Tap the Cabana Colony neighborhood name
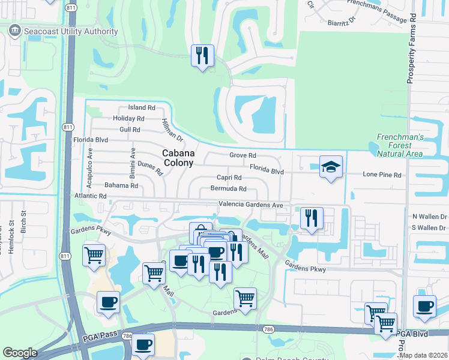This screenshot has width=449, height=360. tap(178, 158)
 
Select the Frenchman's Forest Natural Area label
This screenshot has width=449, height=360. tap(400, 145)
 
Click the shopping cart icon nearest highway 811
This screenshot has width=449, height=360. tap(94, 256)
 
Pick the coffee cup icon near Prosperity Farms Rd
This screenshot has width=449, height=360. tap(424, 306)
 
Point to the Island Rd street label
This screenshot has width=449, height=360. tap(142, 108)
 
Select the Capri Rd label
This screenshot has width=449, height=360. tap(229, 178)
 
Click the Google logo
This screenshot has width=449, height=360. tap(20, 353)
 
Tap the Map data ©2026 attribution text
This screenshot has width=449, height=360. tap(423, 355)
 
